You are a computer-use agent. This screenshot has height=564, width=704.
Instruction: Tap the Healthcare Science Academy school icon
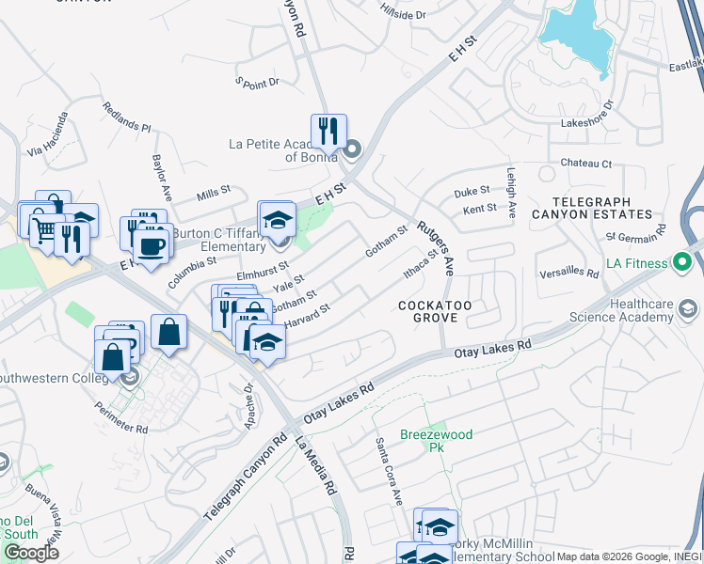[688, 308]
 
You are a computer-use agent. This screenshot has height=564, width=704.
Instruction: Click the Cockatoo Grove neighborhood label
[427, 312]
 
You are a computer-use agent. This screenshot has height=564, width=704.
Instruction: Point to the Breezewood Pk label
[436, 441]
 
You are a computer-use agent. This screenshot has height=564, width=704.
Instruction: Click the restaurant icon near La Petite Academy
[328, 132]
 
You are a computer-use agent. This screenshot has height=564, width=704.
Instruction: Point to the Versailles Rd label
[569, 274]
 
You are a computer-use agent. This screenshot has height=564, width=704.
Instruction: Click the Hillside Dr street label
[403, 14]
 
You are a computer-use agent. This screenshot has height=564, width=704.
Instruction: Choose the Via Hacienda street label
[49, 133]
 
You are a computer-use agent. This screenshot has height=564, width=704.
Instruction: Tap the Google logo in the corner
[30, 552]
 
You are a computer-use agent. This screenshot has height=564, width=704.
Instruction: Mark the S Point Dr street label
[258, 83]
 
